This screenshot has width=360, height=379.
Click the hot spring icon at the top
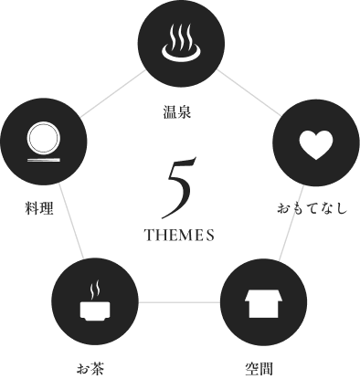(180, 43)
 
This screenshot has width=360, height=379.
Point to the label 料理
(38, 208)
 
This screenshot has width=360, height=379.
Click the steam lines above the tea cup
(94, 290)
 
